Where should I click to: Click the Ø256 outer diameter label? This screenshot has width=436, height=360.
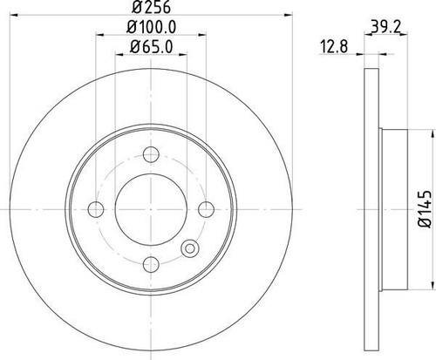(x=150, y=10)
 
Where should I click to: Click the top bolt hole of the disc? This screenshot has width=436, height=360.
(x=150, y=156)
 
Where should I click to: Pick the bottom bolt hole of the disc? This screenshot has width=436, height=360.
(x=150, y=259)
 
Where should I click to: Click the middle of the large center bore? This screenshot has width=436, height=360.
(x=150, y=207)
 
